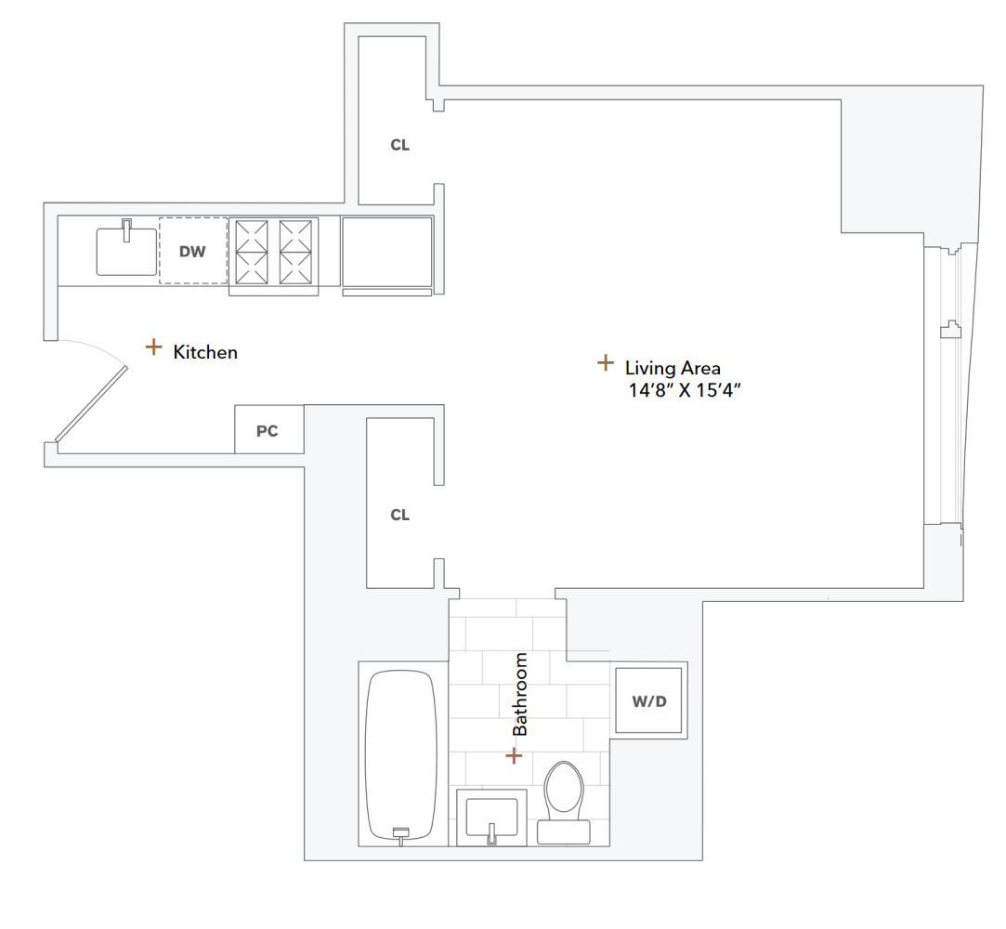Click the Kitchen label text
click(205, 352)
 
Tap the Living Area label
click(673, 367)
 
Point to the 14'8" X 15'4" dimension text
click(689, 390)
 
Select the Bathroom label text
click(520, 694)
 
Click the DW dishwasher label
click(192, 251)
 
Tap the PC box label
click(268, 431)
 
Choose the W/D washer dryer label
click(649, 701)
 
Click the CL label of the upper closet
click(399, 146)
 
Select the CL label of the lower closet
click(399, 515)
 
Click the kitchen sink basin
click(126, 251)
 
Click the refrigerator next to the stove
click(386, 252)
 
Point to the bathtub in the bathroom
click(401, 754)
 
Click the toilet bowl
click(563, 789)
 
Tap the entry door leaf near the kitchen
click(90, 402)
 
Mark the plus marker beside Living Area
click(605, 361)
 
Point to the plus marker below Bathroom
click(514, 756)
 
